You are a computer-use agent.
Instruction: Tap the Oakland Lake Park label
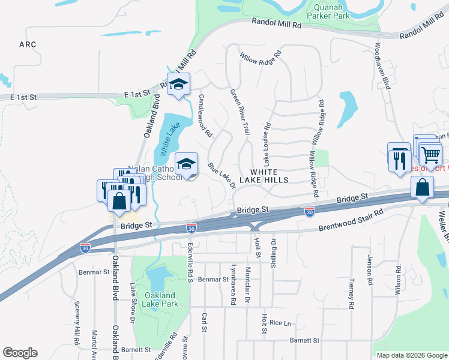tap(160, 299)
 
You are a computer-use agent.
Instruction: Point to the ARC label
tap(28, 44)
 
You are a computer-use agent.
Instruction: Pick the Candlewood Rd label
tap(205, 116)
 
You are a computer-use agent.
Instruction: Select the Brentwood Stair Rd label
tap(351, 220)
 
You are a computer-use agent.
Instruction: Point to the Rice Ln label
tap(280, 323)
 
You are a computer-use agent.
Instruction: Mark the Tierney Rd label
tap(352, 293)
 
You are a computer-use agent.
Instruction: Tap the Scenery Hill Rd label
tap(77, 331)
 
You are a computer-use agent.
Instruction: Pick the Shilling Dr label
tap(274, 248)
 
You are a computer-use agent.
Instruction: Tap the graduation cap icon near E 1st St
tap(178, 85)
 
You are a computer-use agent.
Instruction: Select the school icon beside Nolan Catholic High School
tap(186, 164)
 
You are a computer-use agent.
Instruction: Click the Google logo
tap(20, 353)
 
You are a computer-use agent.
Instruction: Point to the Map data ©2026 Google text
tap(411, 355)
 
